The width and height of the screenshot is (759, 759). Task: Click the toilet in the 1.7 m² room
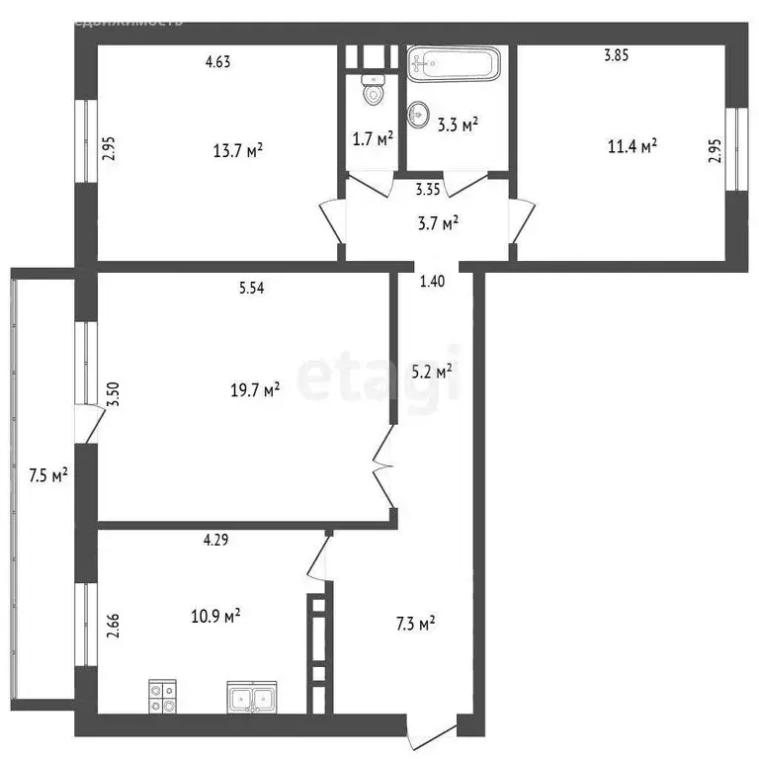click(373, 92)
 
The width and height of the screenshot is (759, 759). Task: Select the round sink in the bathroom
click(419, 111)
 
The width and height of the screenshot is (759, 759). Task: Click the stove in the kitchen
click(163, 698)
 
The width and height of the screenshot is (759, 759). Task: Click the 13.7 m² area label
click(237, 151)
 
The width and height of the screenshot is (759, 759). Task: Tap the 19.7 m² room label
click(254, 390)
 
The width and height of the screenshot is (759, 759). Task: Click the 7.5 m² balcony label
click(48, 475)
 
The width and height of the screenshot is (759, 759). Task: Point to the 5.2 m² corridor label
click(431, 372)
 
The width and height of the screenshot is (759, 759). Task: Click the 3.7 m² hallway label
click(437, 224)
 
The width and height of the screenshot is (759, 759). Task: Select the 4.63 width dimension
click(217, 62)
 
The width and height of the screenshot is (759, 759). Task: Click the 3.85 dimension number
click(617, 56)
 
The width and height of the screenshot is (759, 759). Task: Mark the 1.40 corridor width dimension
click(433, 282)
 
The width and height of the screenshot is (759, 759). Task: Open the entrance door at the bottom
click(433, 731)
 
